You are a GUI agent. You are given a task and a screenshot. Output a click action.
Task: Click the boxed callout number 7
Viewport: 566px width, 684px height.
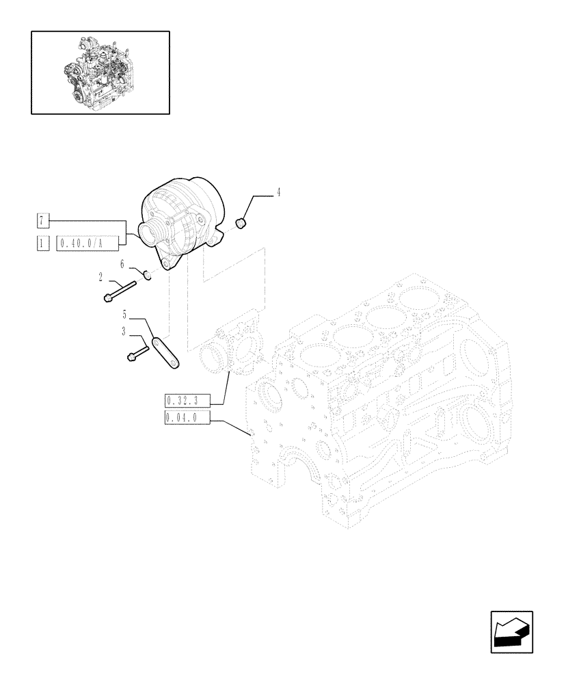click(42, 220)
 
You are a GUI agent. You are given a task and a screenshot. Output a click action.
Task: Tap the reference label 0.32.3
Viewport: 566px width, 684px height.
click(186, 401)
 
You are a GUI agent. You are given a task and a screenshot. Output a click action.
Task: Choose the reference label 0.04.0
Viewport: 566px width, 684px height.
click(186, 418)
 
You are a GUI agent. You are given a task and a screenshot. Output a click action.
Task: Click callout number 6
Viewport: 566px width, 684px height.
click(122, 263)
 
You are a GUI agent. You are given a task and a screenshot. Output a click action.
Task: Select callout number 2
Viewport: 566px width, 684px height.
click(101, 277)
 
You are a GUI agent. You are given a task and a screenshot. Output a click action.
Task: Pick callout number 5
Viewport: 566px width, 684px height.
click(125, 315)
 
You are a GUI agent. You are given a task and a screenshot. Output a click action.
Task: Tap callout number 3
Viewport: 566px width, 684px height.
click(124, 331)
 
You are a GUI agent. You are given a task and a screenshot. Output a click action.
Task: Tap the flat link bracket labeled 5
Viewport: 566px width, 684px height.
click(166, 353)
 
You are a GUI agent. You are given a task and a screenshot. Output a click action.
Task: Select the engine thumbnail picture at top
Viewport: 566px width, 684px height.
click(100, 71)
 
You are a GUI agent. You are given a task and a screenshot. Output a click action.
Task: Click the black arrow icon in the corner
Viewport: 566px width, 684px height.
click(511, 631)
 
